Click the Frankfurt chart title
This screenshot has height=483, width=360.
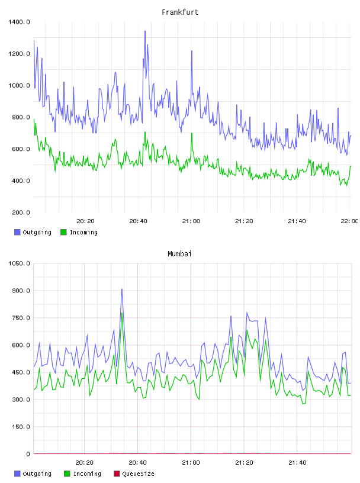(180, 12)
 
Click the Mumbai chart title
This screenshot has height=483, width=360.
(179, 254)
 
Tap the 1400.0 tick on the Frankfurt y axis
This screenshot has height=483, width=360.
(19, 22)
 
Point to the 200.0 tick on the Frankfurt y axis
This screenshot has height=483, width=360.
(21, 212)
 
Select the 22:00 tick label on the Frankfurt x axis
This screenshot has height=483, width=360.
(349, 221)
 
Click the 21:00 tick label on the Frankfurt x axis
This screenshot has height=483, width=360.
(191, 221)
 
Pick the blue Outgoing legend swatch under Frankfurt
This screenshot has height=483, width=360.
(17, 232)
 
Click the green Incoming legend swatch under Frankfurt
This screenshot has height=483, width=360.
(63, 232)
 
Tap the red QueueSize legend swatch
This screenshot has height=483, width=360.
(117, 474)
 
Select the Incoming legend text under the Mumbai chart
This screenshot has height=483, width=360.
(87, 474)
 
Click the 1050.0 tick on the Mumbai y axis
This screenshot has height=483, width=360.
(19, 263)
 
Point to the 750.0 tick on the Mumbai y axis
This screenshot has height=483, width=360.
(21, 318)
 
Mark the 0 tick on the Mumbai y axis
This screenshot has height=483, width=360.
(28, 454)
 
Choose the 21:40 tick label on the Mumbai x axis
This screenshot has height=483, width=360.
(297, 463)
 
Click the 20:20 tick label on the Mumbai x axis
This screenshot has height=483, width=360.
(85, 463)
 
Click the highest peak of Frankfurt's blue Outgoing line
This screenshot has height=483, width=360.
(145, 31)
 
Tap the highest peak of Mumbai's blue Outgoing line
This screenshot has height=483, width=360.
(122, 289)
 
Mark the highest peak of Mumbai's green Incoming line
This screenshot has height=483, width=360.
(122, 313)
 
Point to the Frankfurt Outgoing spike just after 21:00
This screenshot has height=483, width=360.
(192, 51)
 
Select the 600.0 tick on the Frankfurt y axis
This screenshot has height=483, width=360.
(21, 149)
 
